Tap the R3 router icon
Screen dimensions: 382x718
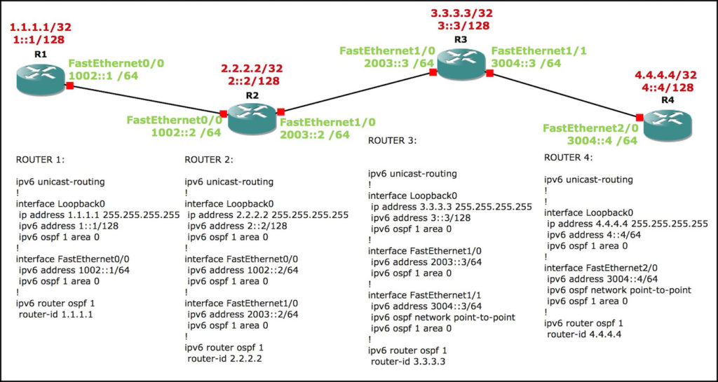(461, 68)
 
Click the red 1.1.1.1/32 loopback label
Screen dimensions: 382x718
(41, 27)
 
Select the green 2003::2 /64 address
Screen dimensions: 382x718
(314, 134)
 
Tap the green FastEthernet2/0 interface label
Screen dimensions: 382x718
(590, 128)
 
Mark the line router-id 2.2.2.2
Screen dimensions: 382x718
(228, 359)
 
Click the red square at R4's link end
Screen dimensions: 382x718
(639, 117)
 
